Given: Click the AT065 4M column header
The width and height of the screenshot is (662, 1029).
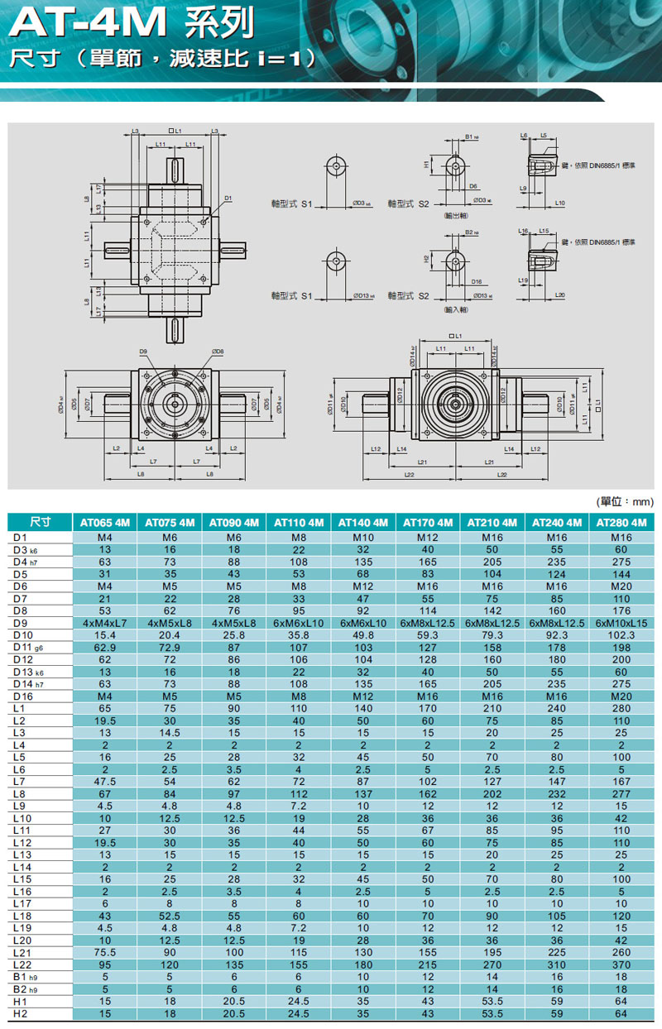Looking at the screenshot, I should point(105,523).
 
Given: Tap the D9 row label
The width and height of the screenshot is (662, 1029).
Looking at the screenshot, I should point(22,622).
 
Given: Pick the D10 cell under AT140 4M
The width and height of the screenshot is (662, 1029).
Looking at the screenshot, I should point(363,634).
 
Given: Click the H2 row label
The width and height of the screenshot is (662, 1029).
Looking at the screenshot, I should point(22,1013).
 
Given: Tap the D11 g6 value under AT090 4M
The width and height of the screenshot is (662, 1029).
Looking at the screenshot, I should point(234,646).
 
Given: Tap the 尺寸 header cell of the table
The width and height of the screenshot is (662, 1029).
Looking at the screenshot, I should point(40,523).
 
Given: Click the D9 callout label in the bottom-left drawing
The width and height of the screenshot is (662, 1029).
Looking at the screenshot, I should point(142,353).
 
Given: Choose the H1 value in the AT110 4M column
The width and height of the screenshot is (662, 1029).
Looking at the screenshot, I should point(299,1001).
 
